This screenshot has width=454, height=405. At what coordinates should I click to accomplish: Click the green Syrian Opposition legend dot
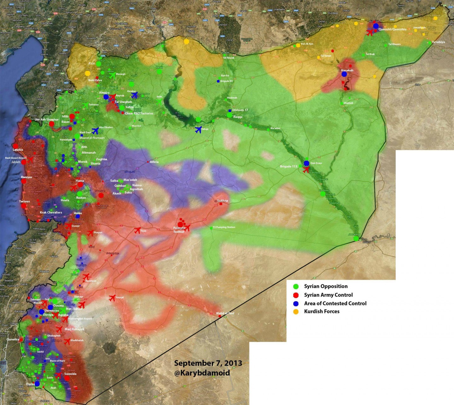coord(296,287)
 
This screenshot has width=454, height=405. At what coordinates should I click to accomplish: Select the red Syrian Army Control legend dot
coord(296,295)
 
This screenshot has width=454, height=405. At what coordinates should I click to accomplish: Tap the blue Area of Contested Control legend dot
coord(296,304)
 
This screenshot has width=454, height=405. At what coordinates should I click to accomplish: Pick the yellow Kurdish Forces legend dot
coord(296,312)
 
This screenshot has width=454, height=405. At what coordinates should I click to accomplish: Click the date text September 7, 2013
coord(208,363)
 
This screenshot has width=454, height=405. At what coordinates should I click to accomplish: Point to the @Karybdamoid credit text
coord(202,373)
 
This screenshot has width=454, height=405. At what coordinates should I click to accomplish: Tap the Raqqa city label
coord(238,117)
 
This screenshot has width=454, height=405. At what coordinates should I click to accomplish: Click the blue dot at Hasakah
coord(344,74)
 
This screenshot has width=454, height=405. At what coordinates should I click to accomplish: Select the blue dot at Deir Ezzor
coord(306,163)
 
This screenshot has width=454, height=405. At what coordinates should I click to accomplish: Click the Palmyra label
coord(179,228)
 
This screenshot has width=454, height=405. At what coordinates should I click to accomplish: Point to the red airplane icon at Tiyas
coord(137,230)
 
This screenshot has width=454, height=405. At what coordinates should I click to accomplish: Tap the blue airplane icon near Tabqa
coord(198,130)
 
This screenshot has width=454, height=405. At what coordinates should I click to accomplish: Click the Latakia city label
coord(18,150)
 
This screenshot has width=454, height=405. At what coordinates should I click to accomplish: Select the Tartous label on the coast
coord(24,201)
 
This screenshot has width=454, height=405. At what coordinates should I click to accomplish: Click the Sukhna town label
coord(223,200)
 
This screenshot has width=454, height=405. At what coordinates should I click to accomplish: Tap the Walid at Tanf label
coord(225,313)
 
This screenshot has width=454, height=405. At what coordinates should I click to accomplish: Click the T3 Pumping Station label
coord(224,227)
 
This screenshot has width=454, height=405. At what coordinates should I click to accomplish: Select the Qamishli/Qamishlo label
coord(392,29)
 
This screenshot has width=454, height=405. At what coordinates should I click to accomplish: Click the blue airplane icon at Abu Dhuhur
coord(95,131)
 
